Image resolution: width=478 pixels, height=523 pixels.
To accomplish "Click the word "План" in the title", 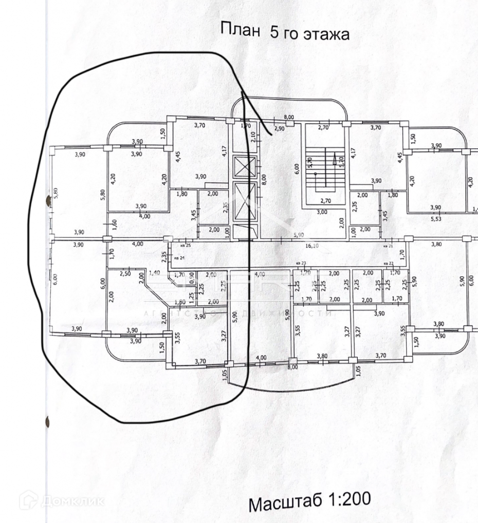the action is tap(240, 29).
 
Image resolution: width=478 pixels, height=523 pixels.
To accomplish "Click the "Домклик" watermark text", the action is tap(72, 500).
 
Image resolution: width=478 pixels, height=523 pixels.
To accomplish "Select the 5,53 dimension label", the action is tap(435, 218).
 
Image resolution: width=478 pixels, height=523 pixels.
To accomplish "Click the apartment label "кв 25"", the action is tap(185, 245).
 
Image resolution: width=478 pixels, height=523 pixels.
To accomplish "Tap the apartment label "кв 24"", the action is tap(179, 257).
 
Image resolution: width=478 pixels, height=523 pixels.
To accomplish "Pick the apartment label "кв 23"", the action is tap(301, 264).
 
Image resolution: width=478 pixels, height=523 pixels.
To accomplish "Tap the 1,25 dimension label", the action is tap(191, 295).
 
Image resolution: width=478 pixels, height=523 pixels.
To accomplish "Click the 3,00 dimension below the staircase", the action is tap(322, 212).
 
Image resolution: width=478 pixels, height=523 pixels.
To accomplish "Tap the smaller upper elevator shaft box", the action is tap(244, 166).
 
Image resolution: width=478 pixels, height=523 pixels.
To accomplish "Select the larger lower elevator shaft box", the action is tap(244, 202).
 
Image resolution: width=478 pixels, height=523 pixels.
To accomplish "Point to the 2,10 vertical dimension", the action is tap(253, 137).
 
